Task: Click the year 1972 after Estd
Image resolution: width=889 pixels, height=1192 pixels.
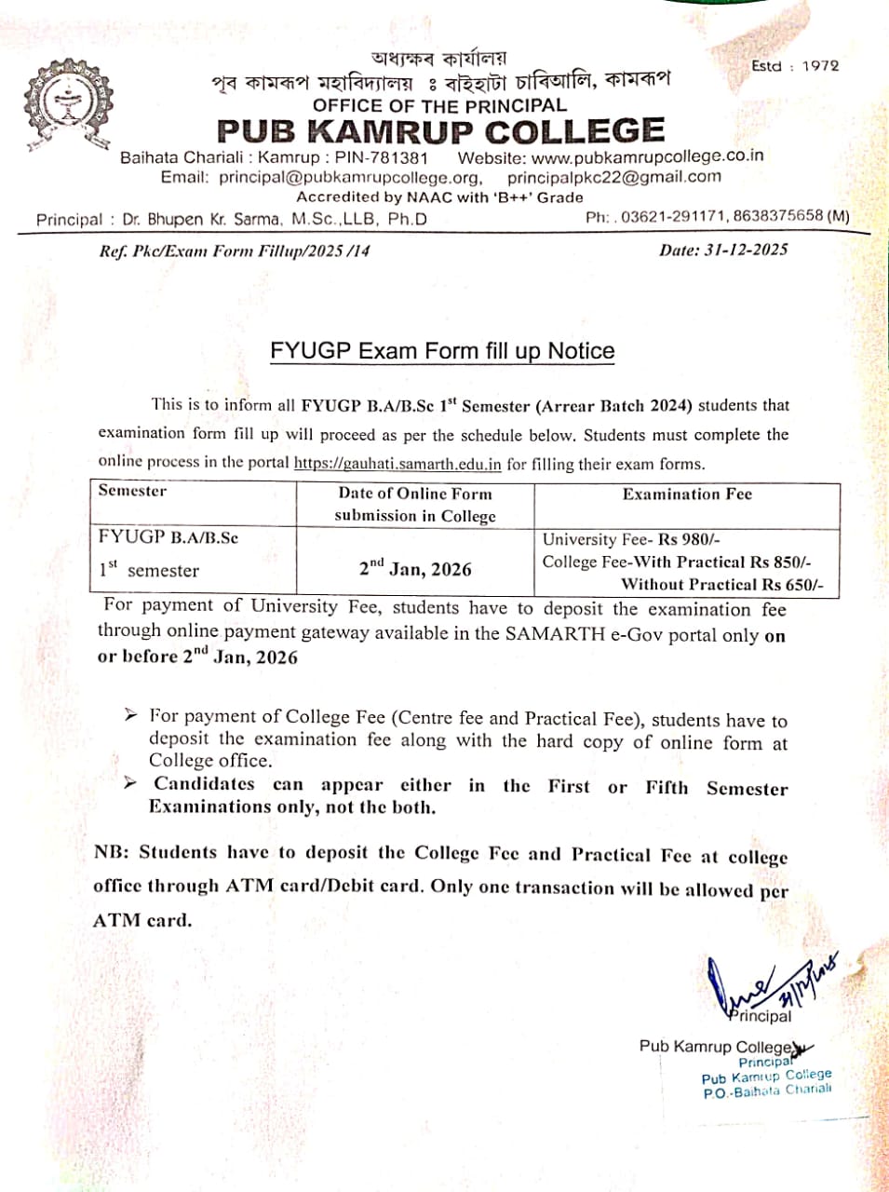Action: [820, 65]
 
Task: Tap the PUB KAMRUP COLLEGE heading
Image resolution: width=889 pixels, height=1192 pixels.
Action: [440, 131]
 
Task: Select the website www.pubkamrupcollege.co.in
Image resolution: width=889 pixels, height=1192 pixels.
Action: [648, 156]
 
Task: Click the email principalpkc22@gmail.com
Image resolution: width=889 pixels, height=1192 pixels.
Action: [614, 177]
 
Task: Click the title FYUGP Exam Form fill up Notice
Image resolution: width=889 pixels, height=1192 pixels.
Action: [442, 351]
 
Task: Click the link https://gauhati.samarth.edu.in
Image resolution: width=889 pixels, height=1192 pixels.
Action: [397, 464]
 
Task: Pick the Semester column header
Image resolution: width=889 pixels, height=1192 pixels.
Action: [132, 491]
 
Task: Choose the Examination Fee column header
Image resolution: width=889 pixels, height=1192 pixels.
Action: [687, 494]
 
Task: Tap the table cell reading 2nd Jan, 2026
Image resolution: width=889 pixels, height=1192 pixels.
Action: [415, 568]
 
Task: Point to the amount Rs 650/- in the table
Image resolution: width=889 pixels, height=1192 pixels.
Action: [792, 585]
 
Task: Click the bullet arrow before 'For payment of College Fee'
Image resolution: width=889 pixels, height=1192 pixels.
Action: [131, 715]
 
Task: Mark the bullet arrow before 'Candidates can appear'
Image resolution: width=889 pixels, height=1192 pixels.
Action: [131, 783]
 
